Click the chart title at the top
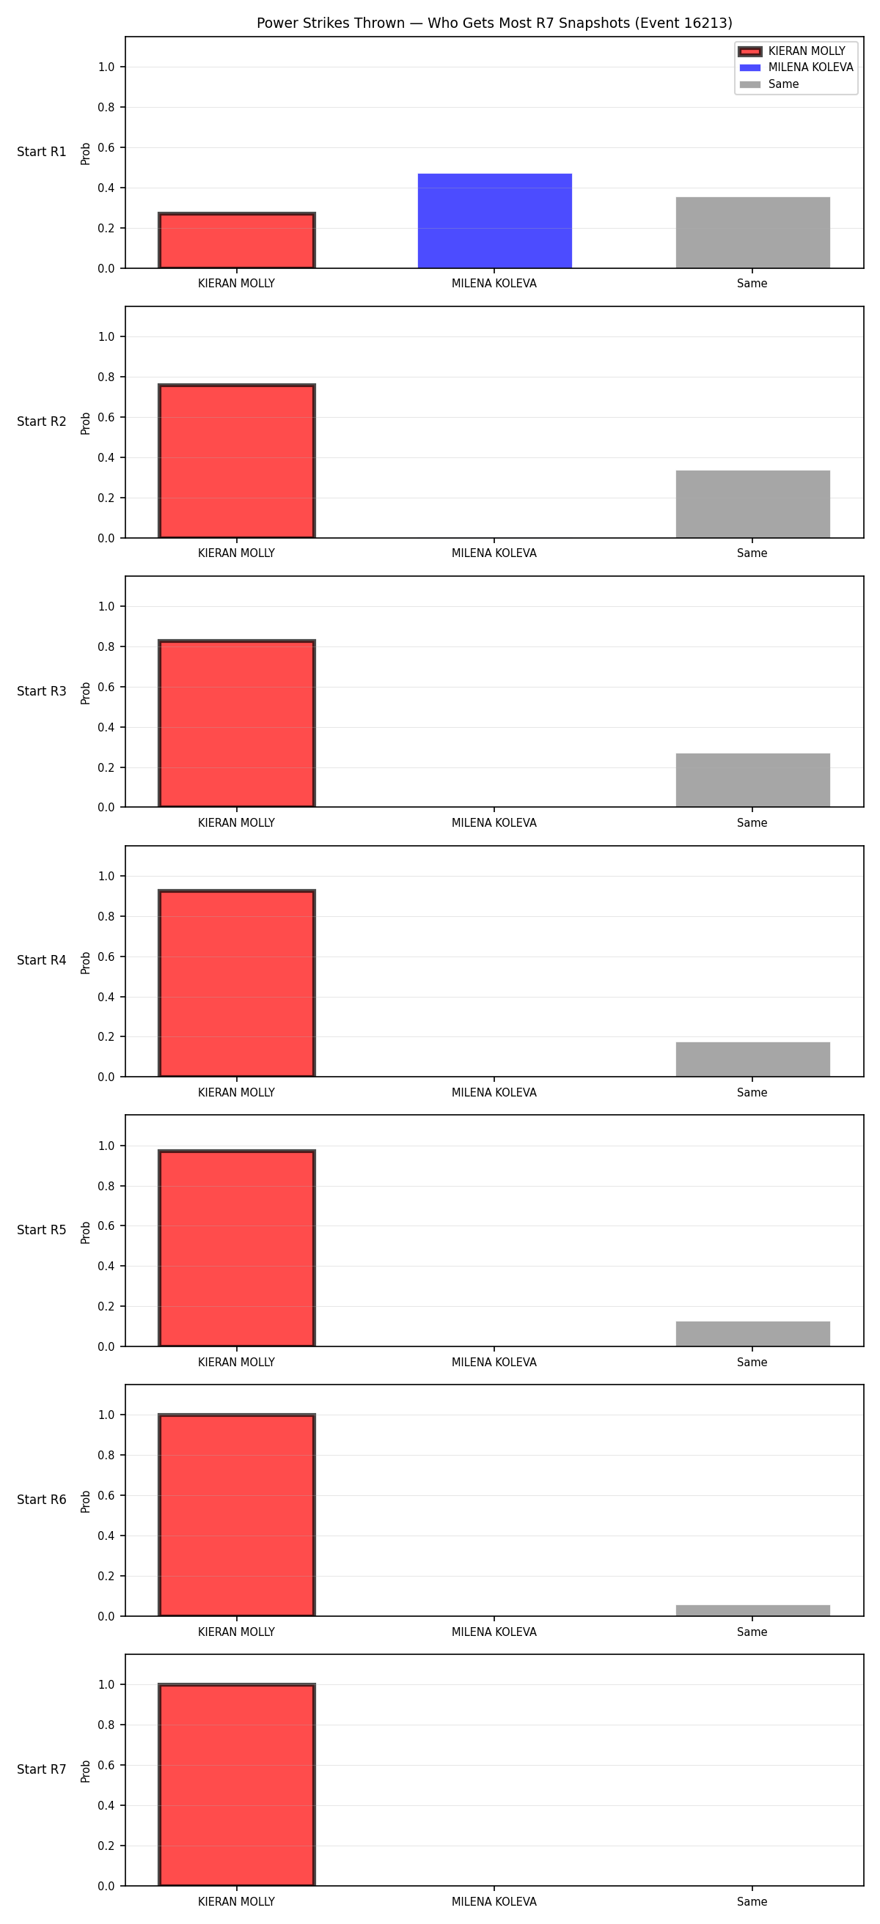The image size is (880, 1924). tap(494, 23)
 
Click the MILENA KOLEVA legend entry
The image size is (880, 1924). tap(796, 67)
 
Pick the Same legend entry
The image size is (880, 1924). tap(769, 84)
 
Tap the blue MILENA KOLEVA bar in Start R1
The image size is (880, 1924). tap(494, 221)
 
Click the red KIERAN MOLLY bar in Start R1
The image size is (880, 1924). tap(237, 240)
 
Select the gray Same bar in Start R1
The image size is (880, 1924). tap(753, 232)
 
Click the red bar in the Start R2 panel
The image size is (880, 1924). tap(237, 461)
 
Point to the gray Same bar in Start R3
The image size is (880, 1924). tap(753, 781)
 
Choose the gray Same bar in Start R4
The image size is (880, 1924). tap(753, 1059)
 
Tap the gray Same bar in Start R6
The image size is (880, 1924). tap(753, 1610)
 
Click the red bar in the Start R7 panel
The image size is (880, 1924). tap(237, 1785)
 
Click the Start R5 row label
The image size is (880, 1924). tap(42, 1230)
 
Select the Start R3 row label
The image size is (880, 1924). tap(42, 691)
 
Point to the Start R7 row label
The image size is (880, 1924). tap(42, 1769)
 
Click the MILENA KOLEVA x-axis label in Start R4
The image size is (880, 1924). tap(494, 1093)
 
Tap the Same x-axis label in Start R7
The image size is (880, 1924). tap(752, 1901)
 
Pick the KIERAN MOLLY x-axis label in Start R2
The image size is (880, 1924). tap(237, 553)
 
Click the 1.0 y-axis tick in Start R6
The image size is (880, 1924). tap(106, 1415)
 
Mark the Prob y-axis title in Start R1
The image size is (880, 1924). tap(86, 154)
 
